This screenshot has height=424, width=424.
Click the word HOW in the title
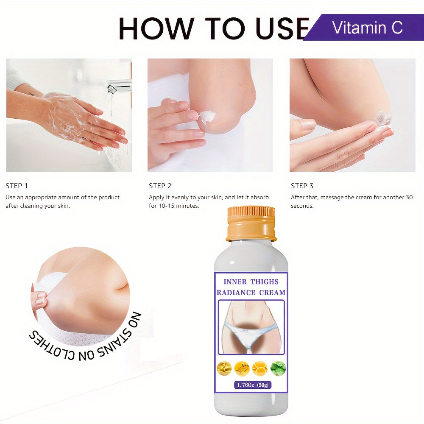coord(157,28)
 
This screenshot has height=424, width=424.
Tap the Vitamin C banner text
coord(367,28)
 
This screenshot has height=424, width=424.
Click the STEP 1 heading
coord(17,186)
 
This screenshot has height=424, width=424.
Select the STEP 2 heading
coord(160,186)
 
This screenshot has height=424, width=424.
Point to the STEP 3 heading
coord(302,186)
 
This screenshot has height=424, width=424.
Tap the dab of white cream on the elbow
coord(207,116)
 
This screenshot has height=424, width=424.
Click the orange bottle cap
coord(251,223)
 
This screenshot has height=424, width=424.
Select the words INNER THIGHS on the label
coord(251,282)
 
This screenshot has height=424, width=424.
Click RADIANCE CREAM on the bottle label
coord(251,293)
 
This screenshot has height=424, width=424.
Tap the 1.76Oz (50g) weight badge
coord(253,385)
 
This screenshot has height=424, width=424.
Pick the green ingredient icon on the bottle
coord(278,368)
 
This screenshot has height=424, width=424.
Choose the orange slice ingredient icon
coord(260,368)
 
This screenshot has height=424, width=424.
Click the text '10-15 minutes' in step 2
coord(179,206)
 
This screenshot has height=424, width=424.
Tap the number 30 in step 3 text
coord(409,198)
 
